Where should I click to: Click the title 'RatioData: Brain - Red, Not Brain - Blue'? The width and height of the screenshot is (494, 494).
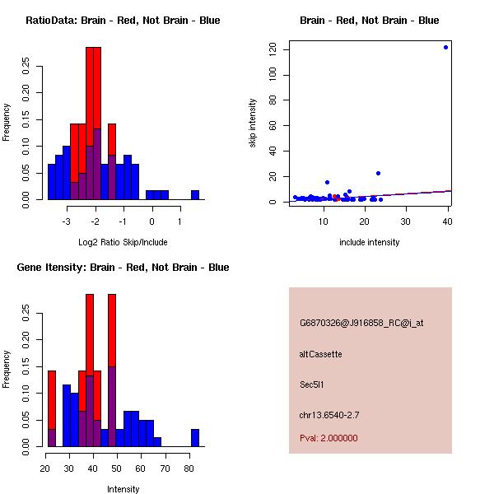[123, 21]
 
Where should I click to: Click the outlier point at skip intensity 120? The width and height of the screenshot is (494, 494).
[445, 47]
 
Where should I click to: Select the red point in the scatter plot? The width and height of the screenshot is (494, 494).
[336, 198]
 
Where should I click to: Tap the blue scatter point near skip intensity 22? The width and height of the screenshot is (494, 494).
[378, 173]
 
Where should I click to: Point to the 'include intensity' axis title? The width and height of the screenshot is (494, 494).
[369, 242]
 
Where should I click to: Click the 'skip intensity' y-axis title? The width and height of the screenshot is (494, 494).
[253, 123]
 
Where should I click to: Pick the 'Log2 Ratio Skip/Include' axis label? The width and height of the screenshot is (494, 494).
[123, 242]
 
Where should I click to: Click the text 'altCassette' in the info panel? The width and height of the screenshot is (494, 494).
[321, 354]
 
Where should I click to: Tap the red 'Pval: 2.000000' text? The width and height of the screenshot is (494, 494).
[329, 438]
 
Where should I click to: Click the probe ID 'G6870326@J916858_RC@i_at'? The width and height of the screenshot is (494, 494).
[361, 324]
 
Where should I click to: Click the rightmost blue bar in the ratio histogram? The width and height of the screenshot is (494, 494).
[195, 195]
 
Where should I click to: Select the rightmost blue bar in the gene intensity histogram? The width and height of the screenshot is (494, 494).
[195, 438]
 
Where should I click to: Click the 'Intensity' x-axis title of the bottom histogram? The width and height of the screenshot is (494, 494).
[123, 489]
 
